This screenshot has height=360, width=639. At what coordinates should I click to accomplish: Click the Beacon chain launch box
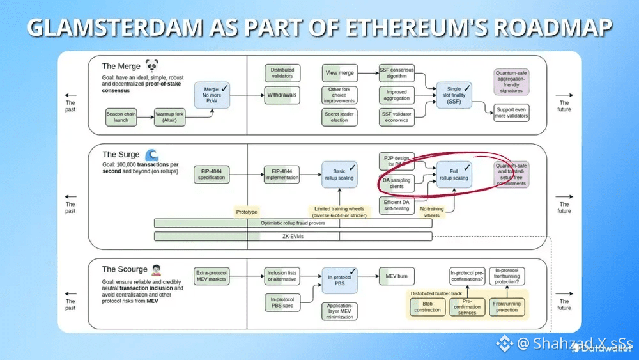pos(121,118)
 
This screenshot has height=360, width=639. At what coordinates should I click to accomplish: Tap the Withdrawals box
pos(282,95)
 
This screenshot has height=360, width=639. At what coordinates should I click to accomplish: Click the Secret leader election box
pos(339,117)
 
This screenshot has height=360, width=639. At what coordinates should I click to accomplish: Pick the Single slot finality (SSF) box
pos(454,95)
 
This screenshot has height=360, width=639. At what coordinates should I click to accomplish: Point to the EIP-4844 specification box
pos(212,174)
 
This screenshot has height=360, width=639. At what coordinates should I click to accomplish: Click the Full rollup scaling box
pos(454,174)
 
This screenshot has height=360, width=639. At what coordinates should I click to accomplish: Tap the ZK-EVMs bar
pos(293,237)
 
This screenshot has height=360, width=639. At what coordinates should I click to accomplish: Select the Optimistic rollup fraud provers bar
pos(293,223)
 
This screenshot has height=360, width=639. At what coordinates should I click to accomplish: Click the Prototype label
pos(247,211)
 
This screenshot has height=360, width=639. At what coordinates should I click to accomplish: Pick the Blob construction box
pos(427,306)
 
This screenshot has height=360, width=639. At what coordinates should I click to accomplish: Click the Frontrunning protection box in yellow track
pos(507,306)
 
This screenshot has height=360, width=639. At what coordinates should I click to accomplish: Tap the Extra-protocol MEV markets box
pos(212,276)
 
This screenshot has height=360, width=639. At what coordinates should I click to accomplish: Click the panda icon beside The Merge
pos(151,65)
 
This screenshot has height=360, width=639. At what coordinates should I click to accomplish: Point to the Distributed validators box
pos(282,73)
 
